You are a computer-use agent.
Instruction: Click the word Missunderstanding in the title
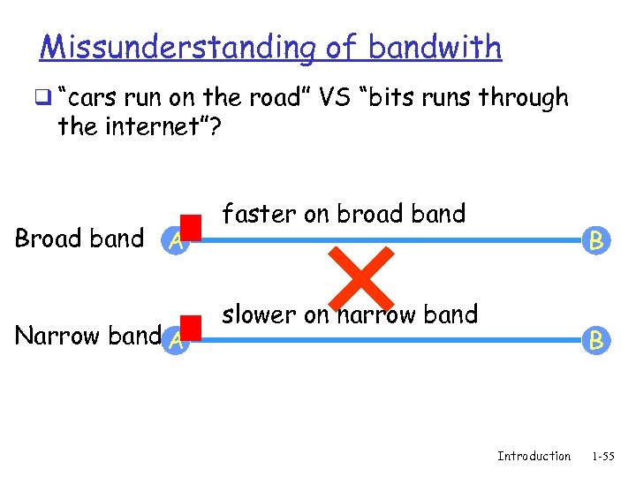point(177,47)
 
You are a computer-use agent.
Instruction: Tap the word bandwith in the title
point(435,47)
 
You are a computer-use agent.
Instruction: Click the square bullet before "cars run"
point(44,99)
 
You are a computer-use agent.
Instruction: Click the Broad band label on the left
point(79,238)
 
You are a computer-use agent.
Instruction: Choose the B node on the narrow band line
point(597,339)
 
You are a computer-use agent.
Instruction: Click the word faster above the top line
point(259,214)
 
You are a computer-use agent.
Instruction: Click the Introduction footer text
point(534,456)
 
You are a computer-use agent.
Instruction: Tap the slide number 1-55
point(603,456)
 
